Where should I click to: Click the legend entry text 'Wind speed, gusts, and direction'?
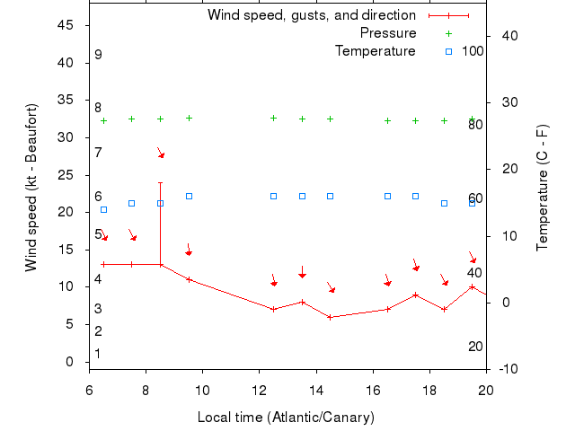click(x=311, y=15)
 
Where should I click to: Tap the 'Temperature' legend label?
click(x=375, y=51)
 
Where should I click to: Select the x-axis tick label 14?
click(x=316, y=391)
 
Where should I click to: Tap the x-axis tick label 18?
click(x=429, y=391)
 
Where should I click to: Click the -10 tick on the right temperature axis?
click(x=508, y=369)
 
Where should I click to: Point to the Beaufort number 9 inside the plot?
click(x=98, y=55)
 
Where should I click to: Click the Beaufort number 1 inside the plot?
click(x=98, y=354)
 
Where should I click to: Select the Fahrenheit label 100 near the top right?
click(x=473, y=51)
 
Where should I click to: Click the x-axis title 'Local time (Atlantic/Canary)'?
click(x=286, y=418)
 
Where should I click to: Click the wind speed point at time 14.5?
click(x=330, y=317)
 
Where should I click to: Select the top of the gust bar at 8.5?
click(x=160, y=183)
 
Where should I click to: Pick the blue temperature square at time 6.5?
click(x=103, y=209)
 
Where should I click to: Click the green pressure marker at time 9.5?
click(x=189, y=118)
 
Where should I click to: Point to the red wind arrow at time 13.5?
click(x=302, y=272)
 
